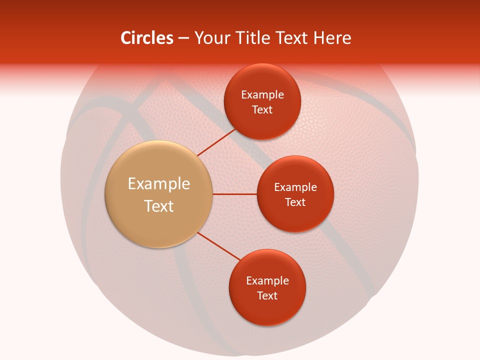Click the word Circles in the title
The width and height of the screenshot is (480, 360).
(x=146, y=38)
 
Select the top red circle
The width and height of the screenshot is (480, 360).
(x=262, y=120)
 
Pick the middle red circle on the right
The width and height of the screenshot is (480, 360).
(x=295, y=215)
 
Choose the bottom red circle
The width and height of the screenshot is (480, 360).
(x=267, y=310)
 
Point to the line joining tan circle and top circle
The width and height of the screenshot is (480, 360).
(x=216, y=142)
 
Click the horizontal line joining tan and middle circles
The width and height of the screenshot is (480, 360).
(x=235, y=194)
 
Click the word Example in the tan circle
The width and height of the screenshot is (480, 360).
(x=159, y=184)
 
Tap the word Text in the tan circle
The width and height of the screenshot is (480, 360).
(x=159, y=206)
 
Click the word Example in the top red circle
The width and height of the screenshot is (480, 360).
(x=262, y=94)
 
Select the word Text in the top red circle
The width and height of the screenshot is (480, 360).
(x=262, y=109)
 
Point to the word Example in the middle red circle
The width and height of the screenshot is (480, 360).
(x=295, y=187)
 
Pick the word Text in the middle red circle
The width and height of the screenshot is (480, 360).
(x=295, y=202)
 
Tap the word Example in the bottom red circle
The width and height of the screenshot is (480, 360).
(x=267, y=280)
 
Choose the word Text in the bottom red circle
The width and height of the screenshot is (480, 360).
(x=267, y=295)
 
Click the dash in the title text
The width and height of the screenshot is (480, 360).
(x=183, y=38)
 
